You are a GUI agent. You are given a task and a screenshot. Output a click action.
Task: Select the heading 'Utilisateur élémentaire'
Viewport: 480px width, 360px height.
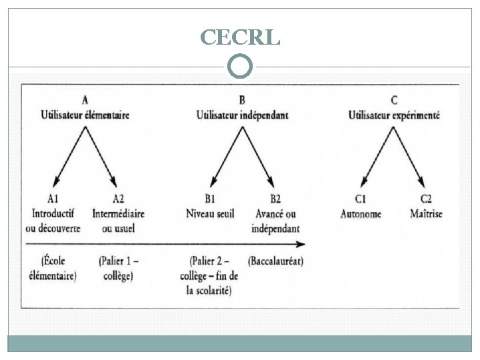coord(85,115)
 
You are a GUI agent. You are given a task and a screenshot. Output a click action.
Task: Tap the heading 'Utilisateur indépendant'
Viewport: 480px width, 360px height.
coord(242,115)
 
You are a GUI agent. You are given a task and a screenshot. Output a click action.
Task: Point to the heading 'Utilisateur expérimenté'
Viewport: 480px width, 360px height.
coord(394,115)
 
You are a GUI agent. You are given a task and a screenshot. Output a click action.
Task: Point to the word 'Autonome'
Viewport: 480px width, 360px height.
coord(361,214)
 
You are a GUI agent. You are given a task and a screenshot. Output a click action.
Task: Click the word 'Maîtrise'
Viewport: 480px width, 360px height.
coord(427,214)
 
